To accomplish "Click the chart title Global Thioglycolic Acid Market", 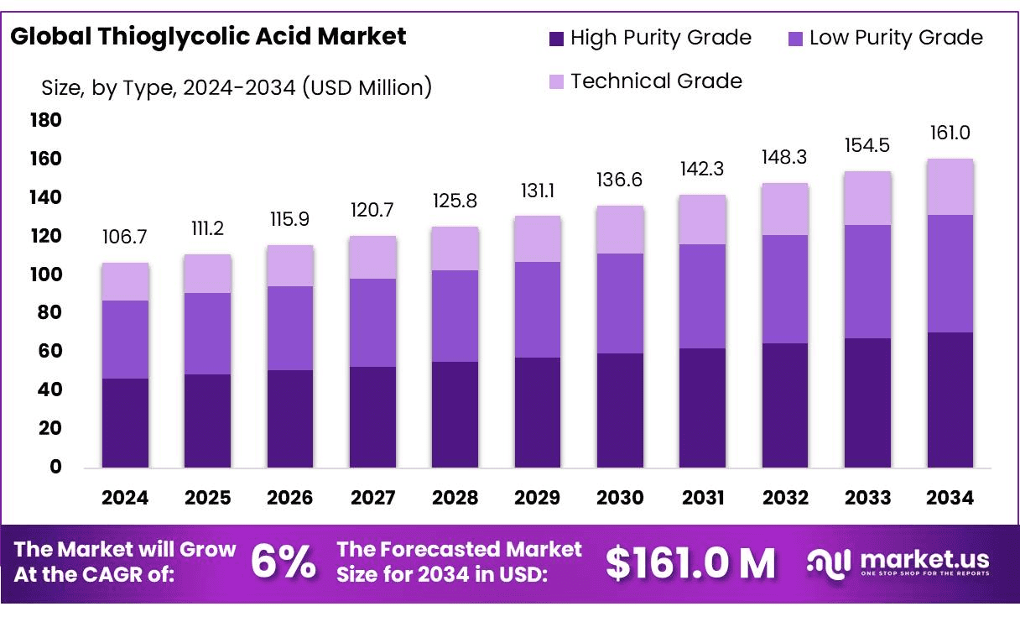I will pyautogui.click(x=208, y=36).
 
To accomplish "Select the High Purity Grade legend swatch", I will pyautogui.click(x=557, y=38).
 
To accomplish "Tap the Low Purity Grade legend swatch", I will pyautogui.click(x=796, y=38).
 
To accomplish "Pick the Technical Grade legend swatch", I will pyautogui.click(x=557, y=81).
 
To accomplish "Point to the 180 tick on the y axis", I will pyautogui.click(x=46, y=121).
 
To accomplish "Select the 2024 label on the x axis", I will pyautogui.click(x=125, y=498).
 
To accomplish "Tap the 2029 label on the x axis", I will pyautogui.click(x=538, y=498).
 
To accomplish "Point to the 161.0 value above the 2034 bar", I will pyautogui.click(x=950, y=133).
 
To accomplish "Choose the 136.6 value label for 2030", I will pyautogui.click(x=620, y=180).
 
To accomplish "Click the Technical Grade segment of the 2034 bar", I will pyautogui.click(x=950, y=187).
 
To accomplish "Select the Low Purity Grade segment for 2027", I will pyautogui.click(x=372, y=322).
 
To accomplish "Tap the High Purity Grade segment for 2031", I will pyautogui.click(x=703, y=407).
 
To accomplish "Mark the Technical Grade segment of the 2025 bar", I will pyautogui.click(x=207, y=274).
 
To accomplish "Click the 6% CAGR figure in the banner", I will pyautogui.click(x=284, y=562).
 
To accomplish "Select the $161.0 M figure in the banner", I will pyautogui.click(x=690, y=563).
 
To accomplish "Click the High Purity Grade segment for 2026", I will pyautogui.click(x=290, y=418).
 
